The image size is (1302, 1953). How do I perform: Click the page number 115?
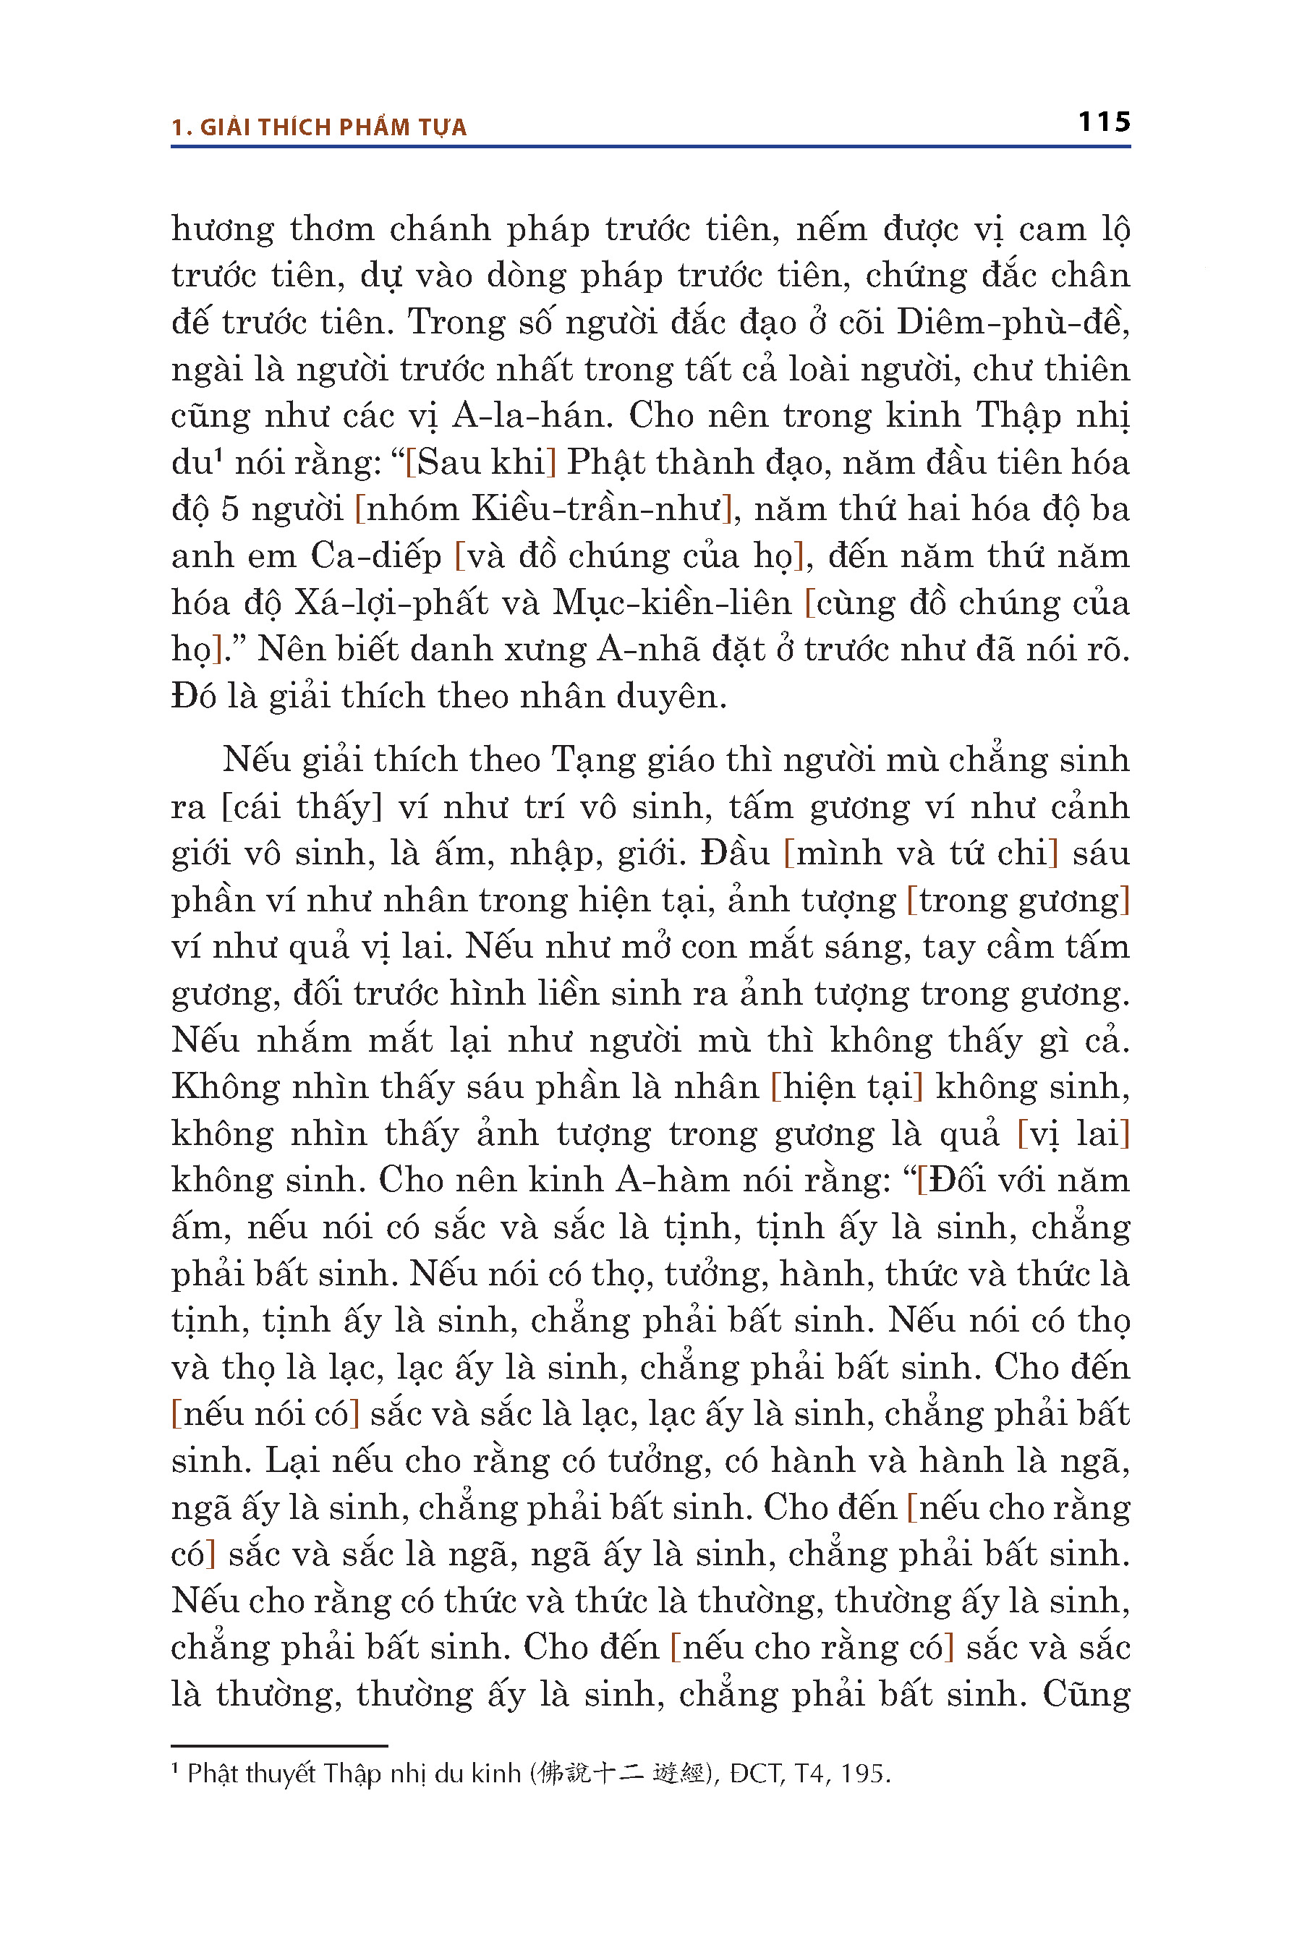1104,122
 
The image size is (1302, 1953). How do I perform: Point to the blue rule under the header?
650,147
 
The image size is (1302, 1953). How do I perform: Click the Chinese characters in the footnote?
622,1774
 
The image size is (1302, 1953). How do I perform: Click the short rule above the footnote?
279,1746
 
